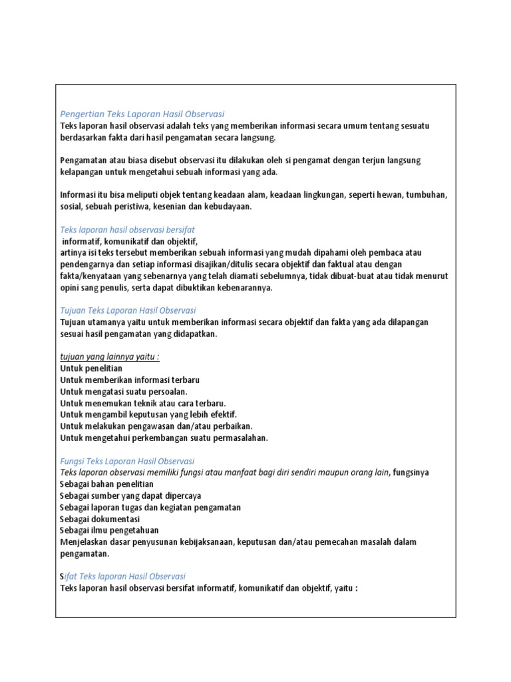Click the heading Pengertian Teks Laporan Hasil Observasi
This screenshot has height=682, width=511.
pos(142,114)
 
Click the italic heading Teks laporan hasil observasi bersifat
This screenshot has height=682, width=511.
pos(127,229)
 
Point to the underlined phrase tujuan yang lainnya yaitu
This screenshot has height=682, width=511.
pos(110,356)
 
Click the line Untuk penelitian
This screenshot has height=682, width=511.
pos(91,368)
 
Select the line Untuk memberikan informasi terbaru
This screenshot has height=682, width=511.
pos(130,380)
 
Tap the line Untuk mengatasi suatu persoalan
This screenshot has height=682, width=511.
pos(124,391)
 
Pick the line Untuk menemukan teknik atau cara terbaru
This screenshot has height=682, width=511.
pos(143,403)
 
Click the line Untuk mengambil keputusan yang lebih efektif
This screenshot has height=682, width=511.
pos(148,414)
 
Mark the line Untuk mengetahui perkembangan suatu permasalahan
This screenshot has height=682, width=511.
pos(164,438)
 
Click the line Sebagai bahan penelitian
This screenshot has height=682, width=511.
pos(106,484)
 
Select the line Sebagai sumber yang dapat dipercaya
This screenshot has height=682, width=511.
pos(130,496)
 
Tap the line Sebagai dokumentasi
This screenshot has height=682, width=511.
pos(99,519)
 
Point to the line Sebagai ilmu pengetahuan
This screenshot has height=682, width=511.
pos(109,531)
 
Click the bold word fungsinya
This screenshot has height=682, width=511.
pos(411,473)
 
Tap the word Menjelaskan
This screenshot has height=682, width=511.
pos(85,542)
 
